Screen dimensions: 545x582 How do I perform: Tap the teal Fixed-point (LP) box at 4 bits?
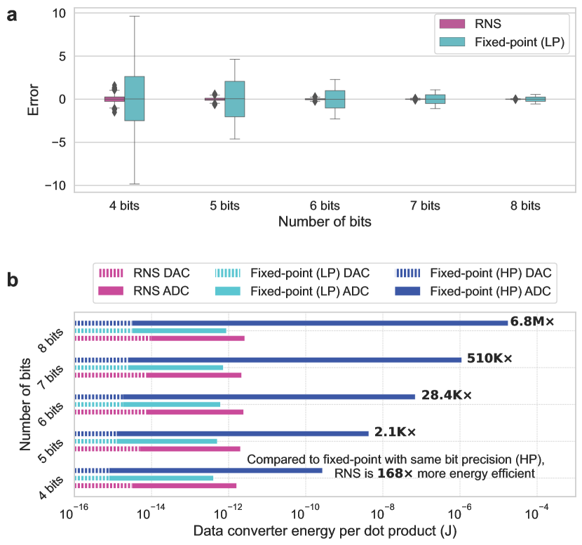pos(134,98)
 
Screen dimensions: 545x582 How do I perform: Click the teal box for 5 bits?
pos(235,99)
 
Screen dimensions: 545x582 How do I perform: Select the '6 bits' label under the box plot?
pos(325,206)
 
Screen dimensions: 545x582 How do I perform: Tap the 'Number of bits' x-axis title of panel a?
pos(325,222)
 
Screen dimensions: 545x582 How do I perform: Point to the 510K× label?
pos(489,358)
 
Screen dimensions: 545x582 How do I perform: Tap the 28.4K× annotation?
pos(447,396)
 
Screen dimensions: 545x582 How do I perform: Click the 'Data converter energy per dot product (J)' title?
pos(325,532)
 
